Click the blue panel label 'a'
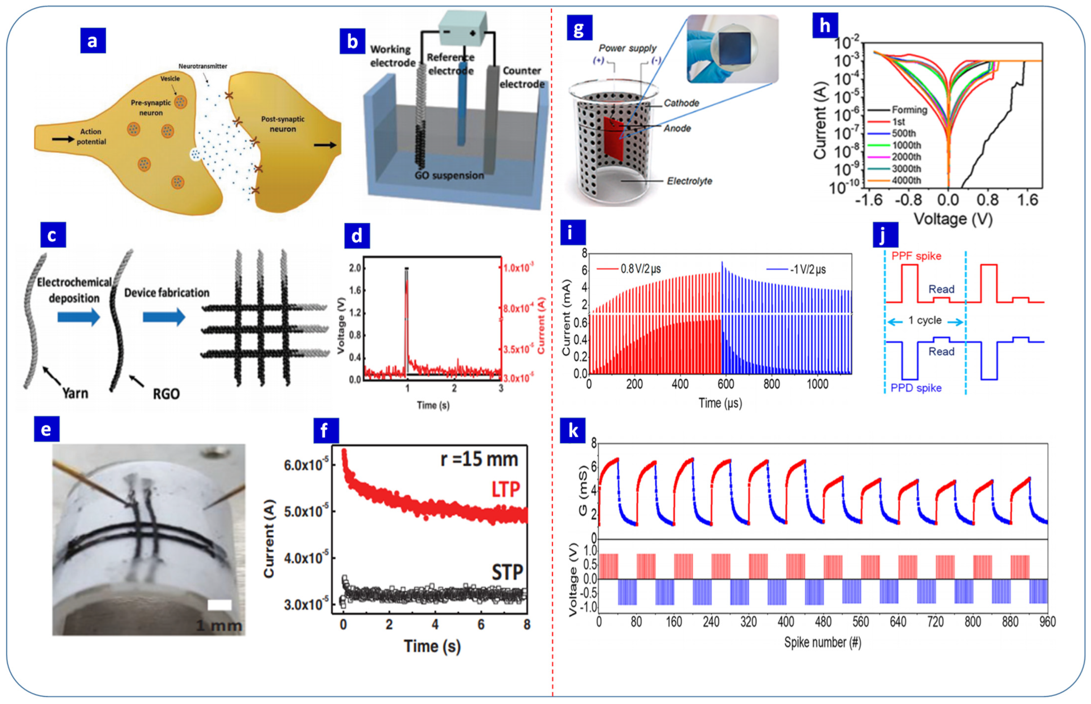[93, 41]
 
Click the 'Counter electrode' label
[522, 77]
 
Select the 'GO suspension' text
[449, 176]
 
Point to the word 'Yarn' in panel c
[75, 393]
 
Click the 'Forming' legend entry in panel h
[909, 110]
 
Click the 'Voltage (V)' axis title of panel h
[953, 219]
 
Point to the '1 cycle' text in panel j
[924, 320]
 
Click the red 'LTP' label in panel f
[505, 490]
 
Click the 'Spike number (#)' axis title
[822, 642]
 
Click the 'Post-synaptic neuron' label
[282, 124]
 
